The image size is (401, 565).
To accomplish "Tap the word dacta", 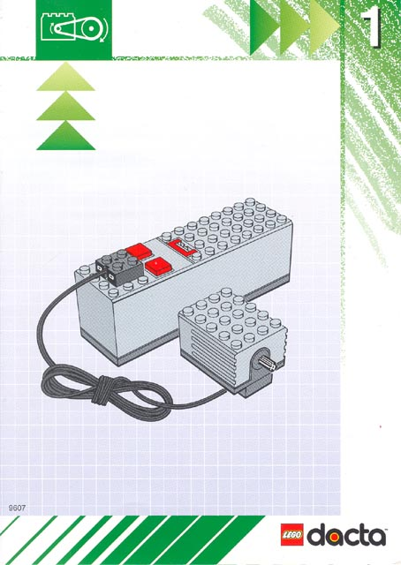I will coord(347,535).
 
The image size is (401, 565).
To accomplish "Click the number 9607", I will coord(16,507).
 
